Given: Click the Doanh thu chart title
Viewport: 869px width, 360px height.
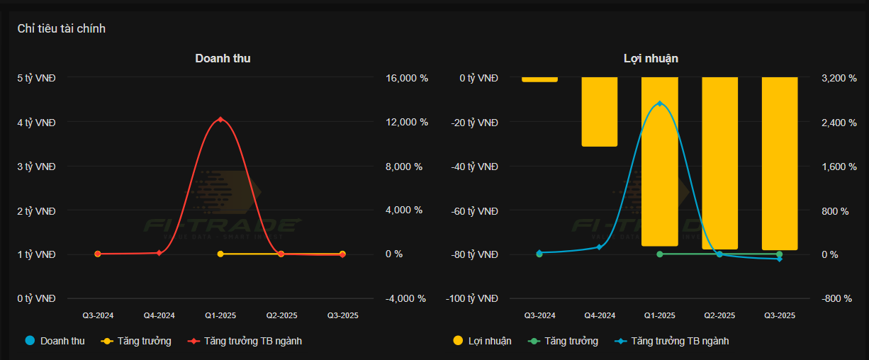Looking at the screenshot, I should pos(223,58).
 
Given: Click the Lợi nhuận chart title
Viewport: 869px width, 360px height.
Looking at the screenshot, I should pos(651,58).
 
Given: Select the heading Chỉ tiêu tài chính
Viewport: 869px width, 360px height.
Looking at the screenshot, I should pos(62,28).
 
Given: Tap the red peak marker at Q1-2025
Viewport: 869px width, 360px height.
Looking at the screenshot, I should pos(220,119).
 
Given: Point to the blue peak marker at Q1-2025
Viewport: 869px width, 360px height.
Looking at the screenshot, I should pos(660,103).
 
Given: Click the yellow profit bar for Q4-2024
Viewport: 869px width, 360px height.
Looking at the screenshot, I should pos(600,111).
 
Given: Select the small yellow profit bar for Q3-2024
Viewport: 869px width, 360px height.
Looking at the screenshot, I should pos(539,79).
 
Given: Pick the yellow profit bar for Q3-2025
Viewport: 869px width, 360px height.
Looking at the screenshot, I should pos(780,163).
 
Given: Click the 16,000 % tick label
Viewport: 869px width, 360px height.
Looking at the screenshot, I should pos(407,79).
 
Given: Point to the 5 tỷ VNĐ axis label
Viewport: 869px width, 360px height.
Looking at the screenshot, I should pos(36,78).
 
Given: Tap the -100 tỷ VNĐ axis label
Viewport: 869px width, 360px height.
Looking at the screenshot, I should pos(472,298).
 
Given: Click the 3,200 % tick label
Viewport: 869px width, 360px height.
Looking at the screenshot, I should pos(839,79).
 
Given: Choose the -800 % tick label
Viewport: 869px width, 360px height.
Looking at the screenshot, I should pos(836,298).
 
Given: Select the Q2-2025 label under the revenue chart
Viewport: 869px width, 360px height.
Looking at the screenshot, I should pos(281,315).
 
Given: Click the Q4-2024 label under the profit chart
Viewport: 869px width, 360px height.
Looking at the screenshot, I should pos(600,315).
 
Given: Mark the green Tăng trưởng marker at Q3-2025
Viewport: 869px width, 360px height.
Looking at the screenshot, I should pos(780,254).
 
